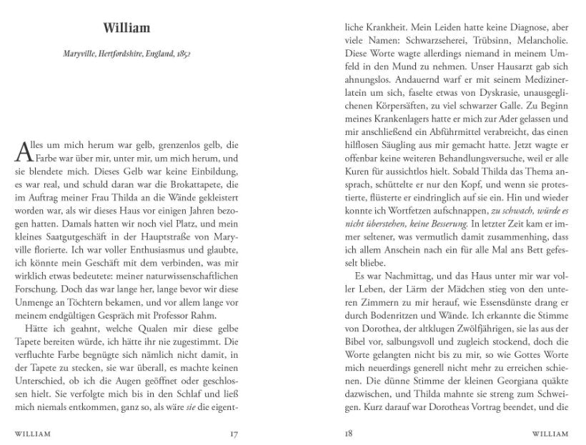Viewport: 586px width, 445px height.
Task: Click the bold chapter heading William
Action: (x=126, y=29)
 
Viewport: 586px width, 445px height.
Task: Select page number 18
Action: (x=349, y=433)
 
